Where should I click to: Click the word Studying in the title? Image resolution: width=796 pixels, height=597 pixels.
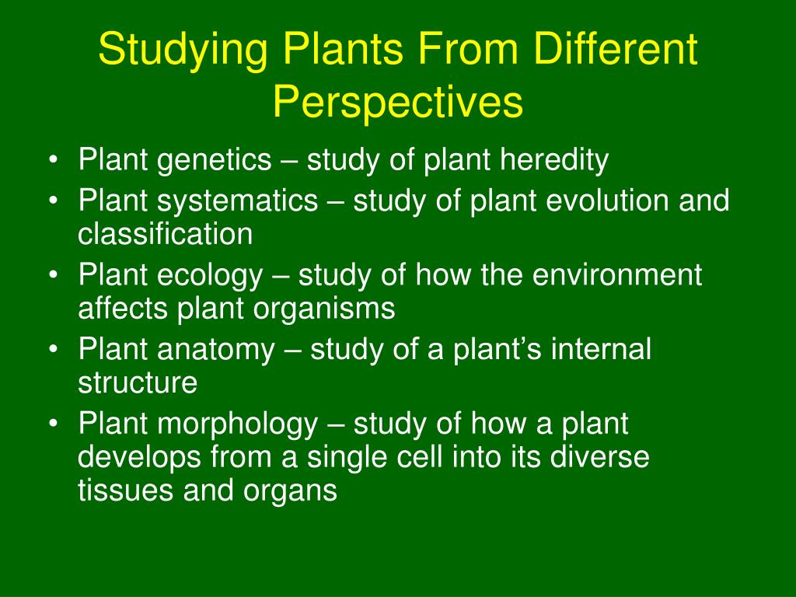click(x=183, y=50)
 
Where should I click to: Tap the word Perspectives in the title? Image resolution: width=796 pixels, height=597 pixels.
click(x=398, y=102)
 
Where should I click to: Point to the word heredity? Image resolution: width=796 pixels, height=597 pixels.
click(x=553, y=160)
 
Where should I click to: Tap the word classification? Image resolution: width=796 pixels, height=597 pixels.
click(x=165, y=233)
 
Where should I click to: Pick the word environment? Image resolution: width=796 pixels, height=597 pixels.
click(x=616, y=275)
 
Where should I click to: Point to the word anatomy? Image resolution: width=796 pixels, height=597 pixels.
click(x=216, y=351)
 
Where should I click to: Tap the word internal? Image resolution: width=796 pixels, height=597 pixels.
click(x=601, y=349)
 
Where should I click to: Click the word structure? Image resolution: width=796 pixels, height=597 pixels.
click(x=138, y=383)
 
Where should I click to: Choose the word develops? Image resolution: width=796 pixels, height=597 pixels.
click(x=140, y=458)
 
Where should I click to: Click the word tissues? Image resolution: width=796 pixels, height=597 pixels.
click(x=125, y=491)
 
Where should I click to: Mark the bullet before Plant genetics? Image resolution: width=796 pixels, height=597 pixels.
click(x=54, y=160)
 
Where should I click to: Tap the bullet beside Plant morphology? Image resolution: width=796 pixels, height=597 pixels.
click(x=54, y=424)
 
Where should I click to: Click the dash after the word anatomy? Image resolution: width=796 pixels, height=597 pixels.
click(x=292, y=351)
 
